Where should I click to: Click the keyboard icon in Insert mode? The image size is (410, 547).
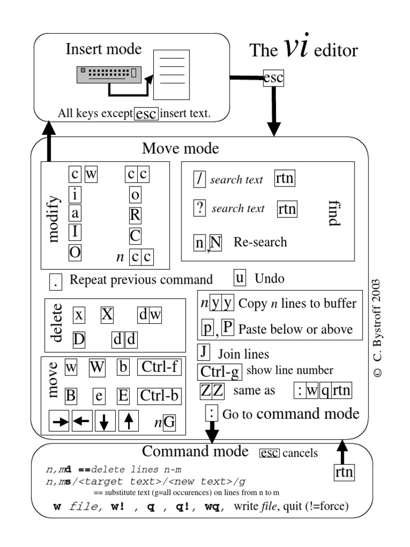coord(107,74)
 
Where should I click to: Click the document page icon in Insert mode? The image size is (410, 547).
coord(171,74)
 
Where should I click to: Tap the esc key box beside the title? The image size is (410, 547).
coord(274,79)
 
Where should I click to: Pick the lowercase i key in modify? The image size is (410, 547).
coord(75,194)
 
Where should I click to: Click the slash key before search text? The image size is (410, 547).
coord(200,179)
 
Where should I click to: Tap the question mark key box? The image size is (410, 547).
coord(200,208)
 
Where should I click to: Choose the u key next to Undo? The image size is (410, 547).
coord(240,278)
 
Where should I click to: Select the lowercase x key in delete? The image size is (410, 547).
coord(79,315)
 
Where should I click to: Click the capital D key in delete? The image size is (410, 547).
coord(79,339)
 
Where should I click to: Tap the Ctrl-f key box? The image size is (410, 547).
coord(159,368)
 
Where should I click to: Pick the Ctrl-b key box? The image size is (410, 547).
coord(159,396)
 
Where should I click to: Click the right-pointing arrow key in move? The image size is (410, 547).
coord(60,421)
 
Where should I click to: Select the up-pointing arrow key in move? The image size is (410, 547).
coord(128,421)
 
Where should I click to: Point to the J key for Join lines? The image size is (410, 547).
coord(203,352)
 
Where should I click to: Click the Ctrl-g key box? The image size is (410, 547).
coord(220,371)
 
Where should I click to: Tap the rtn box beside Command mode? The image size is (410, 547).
coord(343,472)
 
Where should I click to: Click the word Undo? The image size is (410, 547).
coord(270,278)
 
